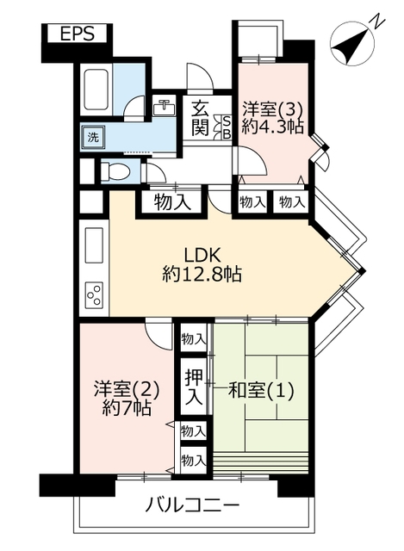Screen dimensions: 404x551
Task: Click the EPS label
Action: coord(78,34)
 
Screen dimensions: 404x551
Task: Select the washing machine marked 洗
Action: coord(94,137)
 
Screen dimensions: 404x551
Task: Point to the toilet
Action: coord(115,172)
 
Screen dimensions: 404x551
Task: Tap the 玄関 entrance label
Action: coord(201,118)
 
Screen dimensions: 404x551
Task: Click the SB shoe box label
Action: coord(227,127)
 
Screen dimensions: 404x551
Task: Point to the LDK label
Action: coord(202,255)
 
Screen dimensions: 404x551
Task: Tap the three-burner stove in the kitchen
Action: coord(94,294)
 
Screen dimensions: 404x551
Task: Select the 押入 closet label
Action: coord(194,387)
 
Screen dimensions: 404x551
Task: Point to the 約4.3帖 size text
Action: coord(273,127)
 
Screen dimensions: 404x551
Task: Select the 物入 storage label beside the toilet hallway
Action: coord(172,203)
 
